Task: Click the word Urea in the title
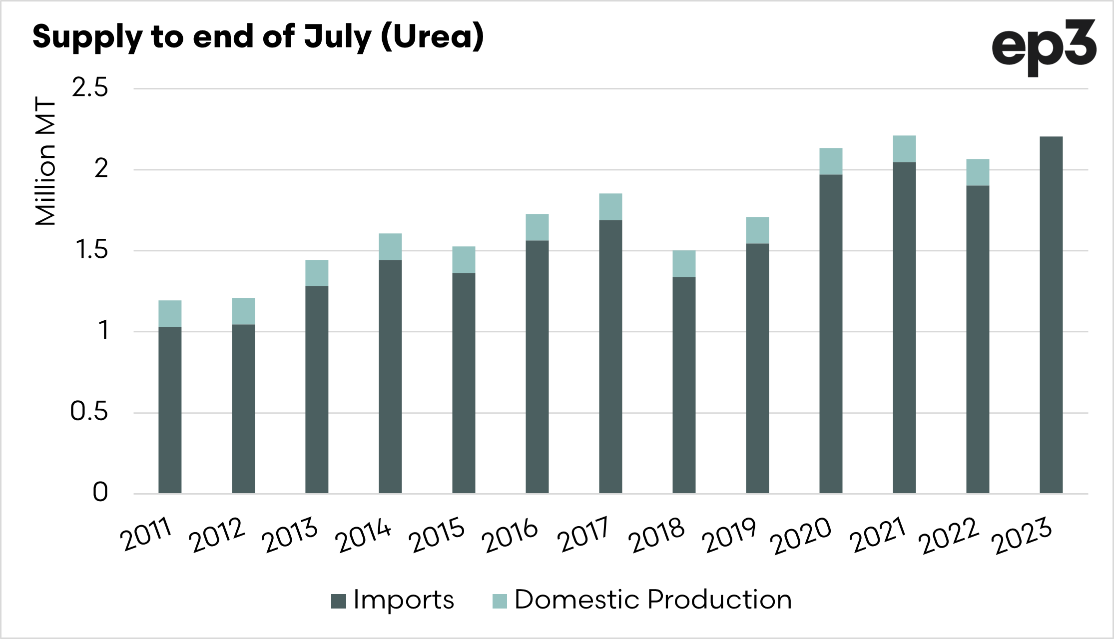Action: tap(432, 37)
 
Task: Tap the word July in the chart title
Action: tap(338, 38)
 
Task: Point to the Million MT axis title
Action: tap(45, 161)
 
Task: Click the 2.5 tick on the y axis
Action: tap(90, 88)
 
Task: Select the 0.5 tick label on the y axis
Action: tap(89, 412)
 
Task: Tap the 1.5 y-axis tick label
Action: tap(91, 250)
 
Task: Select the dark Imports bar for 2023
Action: tap(1051, 315)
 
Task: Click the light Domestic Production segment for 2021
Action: tap(904, 149)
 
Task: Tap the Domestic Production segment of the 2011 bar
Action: tap(170, 314)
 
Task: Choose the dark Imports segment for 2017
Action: tap(610, 357)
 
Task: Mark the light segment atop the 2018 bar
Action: tap(684, 264)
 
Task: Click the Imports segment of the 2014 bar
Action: tap(390, 377)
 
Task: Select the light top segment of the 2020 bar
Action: tap(831, 161)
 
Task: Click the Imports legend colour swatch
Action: tap(339, 601)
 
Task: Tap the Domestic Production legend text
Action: tap(653, 600)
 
